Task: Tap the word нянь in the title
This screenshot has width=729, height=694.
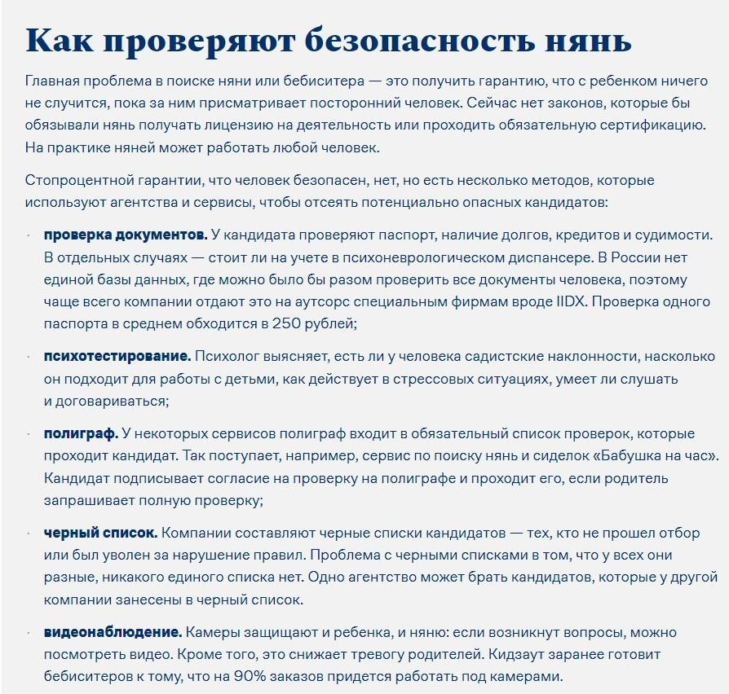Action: click(589, 40)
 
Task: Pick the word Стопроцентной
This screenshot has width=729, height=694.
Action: click(75, 179)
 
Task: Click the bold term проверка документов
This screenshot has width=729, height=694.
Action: click(126, 235)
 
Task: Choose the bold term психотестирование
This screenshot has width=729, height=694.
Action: click(117, 356)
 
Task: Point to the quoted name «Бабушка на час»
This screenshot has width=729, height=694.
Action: click(652, 455)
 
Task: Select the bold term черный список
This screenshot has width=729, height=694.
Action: click(100, 533)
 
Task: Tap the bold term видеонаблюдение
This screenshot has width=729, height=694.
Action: click(113, 632)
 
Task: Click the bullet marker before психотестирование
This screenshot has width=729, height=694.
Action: click(29, 356)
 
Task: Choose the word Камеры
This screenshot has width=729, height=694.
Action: click(209, 632)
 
